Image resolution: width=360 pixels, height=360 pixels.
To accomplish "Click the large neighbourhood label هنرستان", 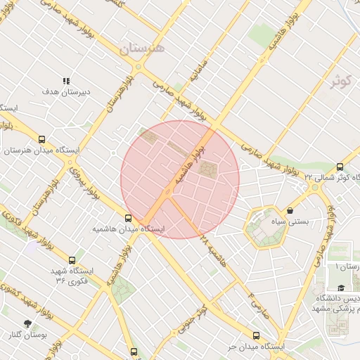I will [x=141, y=48].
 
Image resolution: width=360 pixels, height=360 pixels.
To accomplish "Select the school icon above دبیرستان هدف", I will [x=66, y=82].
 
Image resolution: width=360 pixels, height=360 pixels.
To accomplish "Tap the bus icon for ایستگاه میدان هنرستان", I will [x=42, y=140].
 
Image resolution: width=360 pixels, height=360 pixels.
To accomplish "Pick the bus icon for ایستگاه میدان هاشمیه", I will [x=128, y=218].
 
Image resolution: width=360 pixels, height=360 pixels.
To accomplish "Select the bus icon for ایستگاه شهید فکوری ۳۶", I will [x=72, y=260].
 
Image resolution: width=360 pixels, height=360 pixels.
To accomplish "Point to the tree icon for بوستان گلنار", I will [x=27, y=323].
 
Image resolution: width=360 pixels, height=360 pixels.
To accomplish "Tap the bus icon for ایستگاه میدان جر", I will [x=255, y=336].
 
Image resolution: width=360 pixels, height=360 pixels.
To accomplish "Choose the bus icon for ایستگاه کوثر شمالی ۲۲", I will [x=340, y=167].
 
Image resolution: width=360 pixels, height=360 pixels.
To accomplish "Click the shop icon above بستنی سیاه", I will [x=290, y=210].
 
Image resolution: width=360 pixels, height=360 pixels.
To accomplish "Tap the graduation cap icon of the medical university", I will [x=341, y=288].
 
